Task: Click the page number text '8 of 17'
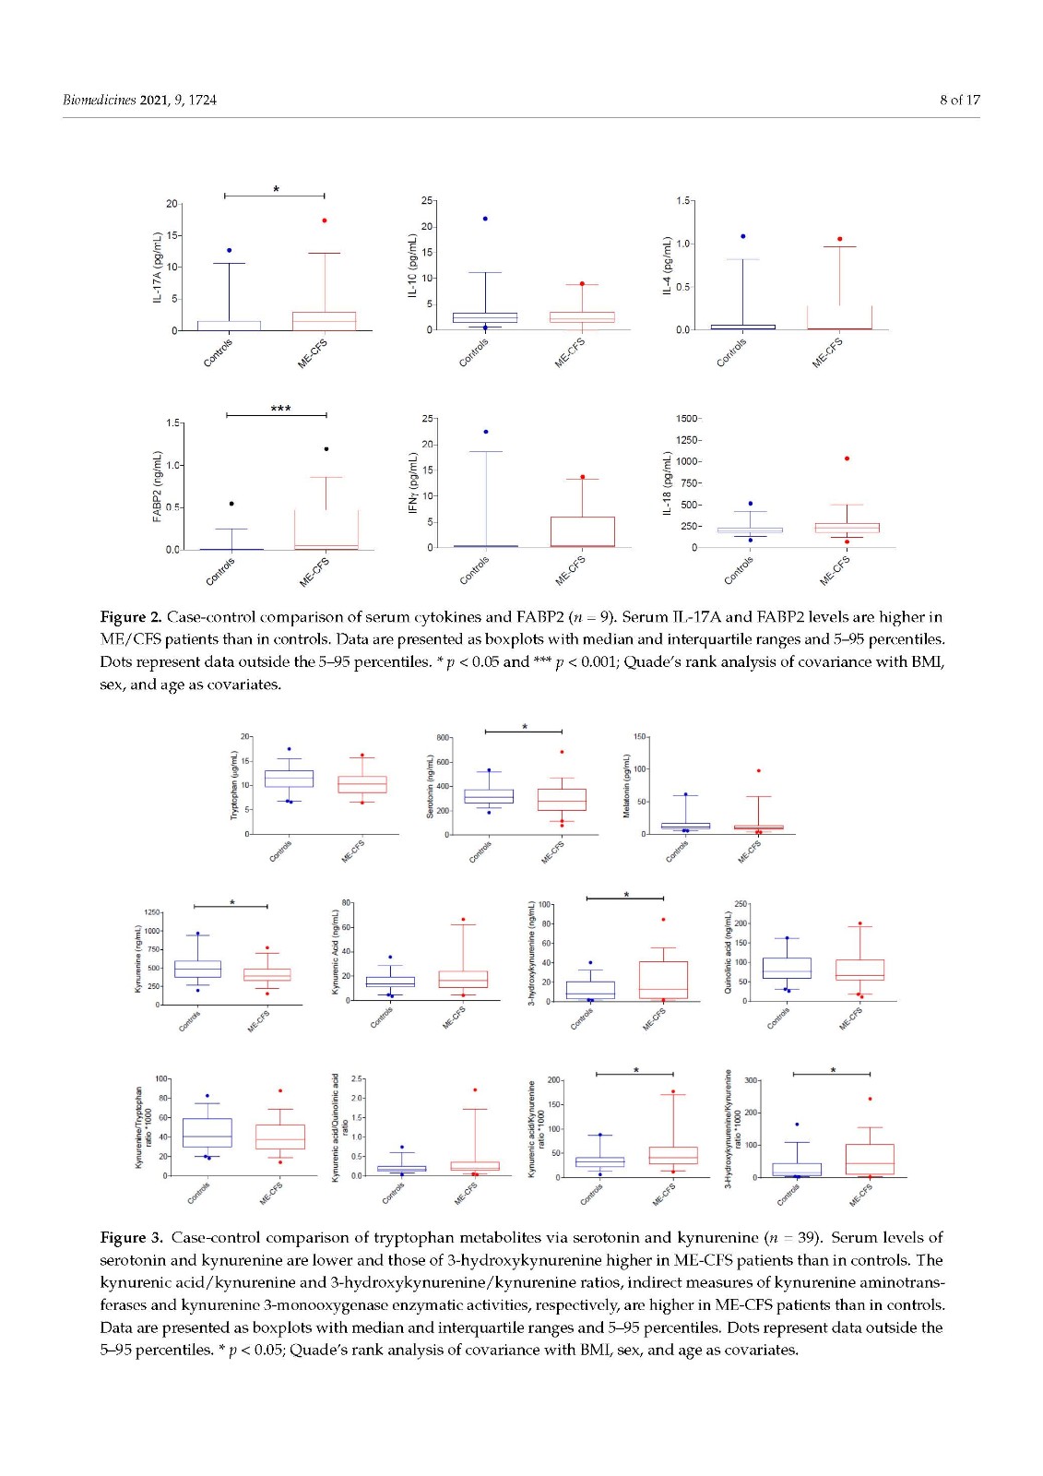pyautogui.click(x=959, y=100)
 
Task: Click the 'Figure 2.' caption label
pyautogui.click(x=130, y=616)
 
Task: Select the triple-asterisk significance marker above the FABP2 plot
pyautogui.click(x=280, y=409)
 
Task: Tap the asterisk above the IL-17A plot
pyautogui.click(x=276, y=189)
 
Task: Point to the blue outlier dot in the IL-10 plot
pyautogui.click(x=485, y=219)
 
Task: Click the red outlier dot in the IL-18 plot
pyautogui.click(x=847, y=458)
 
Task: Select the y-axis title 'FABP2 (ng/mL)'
pyautogui.click(x=158, y=487)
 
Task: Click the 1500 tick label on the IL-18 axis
pyautogui.click(x=687, y=419)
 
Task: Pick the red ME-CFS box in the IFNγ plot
pyautogui.click(x=583, y=531)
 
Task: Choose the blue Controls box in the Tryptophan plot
pyautogui.click(x=289, y=779)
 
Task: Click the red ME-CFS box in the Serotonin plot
pyautogui.click(x=562, y=799)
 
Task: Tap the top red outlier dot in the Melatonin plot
pyautogui.click(x=758, y=770)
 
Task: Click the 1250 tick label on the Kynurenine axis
pyautogui.click(x=151, y=912)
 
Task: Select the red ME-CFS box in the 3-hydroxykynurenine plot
pyautogui.click(x=663, y=980)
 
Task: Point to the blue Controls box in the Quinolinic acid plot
pyautogui.click(x=787, y=968)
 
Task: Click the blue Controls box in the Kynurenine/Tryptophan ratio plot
pyautogui.click(x=207, y=1133)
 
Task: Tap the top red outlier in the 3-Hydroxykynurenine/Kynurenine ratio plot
pyautogui.click(x=870, y=1099)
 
